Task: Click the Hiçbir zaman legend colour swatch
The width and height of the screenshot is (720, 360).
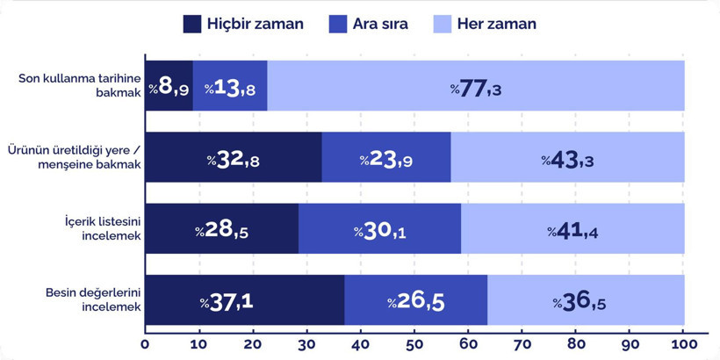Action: click(192, 24)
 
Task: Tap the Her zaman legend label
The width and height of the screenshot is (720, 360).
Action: click(496, 24)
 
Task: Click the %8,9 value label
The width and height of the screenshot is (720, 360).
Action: click(169, 87)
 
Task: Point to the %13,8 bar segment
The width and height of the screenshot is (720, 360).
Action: click(230, 87)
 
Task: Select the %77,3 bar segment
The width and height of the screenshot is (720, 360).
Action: click(476, 87)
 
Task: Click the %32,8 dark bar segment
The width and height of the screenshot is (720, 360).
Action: click(234, 158)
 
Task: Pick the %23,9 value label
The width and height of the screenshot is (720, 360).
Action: click(385, 159)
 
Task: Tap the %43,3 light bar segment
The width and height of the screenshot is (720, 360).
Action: click(567, 158)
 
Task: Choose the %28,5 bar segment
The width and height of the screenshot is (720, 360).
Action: click(221, 229)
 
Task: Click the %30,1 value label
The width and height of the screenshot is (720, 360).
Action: click(379, 230)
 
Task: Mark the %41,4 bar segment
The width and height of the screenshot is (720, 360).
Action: click(572, 229)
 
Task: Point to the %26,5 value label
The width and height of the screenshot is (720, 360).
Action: click(415, 301)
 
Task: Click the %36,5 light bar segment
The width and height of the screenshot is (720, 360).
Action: click(586, 300)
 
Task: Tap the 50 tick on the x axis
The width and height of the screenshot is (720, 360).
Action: click(414, 342)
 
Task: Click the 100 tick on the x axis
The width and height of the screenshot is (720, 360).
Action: click(683, 342)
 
